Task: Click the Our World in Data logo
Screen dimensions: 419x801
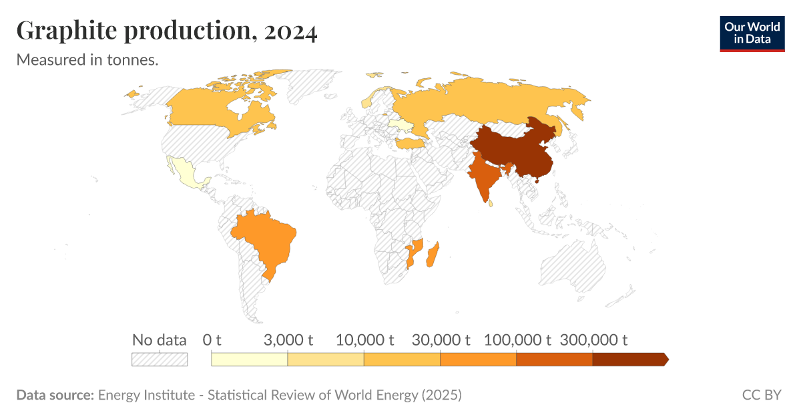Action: pos(752,33)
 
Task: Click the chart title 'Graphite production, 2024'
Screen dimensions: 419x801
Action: pos(166,31)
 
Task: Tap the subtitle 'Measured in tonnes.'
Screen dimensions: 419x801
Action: pos(87,60)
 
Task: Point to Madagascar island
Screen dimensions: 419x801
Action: pos(433,255)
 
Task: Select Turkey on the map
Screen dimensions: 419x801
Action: pos(408,144)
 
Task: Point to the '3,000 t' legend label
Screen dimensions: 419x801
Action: pos(288,339)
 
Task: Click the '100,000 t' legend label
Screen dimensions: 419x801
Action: pos(517,339)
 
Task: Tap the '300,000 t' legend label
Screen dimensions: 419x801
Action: pos(593,339)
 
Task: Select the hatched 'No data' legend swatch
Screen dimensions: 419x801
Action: pos(160,359)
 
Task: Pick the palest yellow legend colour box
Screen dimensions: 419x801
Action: pos(249,359)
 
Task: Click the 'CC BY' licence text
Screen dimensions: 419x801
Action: pos(762,395)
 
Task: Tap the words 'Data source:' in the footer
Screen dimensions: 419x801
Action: pos(55,395)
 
